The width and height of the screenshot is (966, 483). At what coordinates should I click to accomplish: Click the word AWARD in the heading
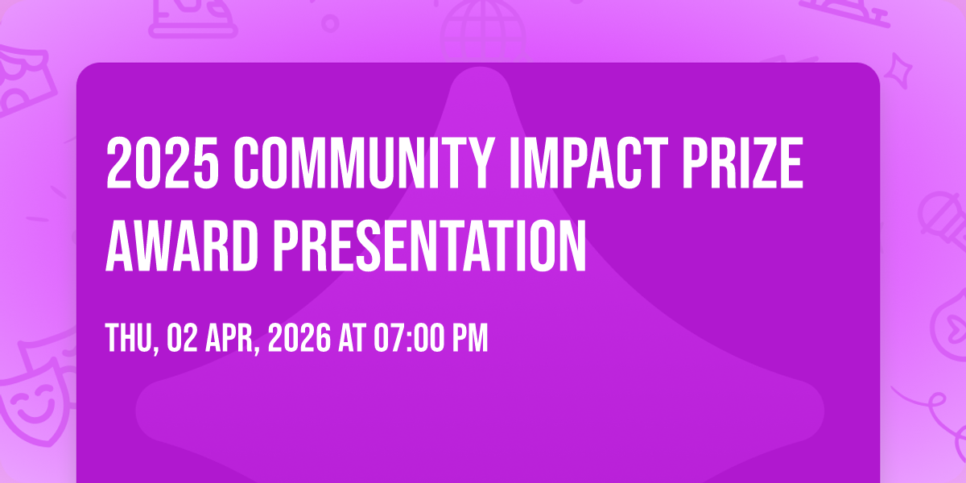182,246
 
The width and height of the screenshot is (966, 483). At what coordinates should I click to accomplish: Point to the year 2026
299,338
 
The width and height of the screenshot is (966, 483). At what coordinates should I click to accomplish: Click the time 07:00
409,338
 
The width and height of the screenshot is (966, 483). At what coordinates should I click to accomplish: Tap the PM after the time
469,338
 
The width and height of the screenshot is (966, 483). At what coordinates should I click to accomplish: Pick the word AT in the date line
352,338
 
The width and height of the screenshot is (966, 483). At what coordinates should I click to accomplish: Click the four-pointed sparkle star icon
898,72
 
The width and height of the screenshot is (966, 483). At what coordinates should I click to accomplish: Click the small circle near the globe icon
330,23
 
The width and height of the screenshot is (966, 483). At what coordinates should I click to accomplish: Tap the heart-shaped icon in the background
951,328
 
